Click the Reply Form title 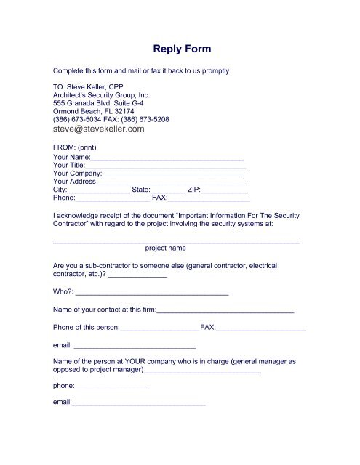[183, 50]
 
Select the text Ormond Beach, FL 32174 [95, 111]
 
